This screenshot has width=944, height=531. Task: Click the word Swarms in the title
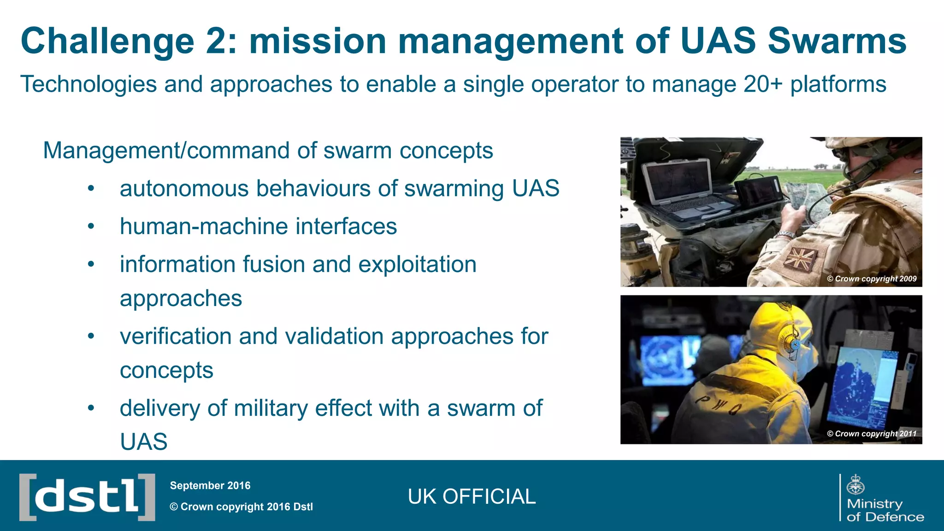(x=837, y=41)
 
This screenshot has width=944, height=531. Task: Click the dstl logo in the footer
(x=87, y=497)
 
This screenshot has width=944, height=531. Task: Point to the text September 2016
(x=210, y=485)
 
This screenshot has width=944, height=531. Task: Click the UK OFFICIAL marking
(x=472, y=497)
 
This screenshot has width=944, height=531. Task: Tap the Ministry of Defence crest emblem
(x=856, y=484)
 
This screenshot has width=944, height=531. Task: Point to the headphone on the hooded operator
(x=794, y=343)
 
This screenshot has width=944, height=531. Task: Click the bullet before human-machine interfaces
(x=91, y=226)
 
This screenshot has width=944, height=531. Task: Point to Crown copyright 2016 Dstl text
(x=242, y=507)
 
